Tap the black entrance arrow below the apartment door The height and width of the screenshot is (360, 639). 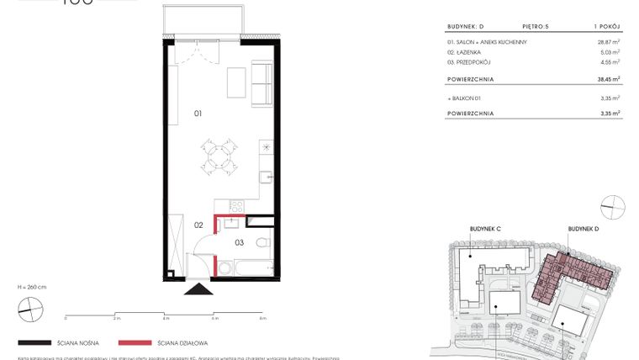[x=198, y=289]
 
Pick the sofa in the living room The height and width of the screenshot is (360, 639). [x=262, y=82]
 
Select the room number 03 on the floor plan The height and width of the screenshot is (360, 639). [x=239, y=243]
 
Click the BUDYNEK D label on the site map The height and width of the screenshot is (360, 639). [x=584, y=228]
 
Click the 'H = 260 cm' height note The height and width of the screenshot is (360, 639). [x=31, y=287]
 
